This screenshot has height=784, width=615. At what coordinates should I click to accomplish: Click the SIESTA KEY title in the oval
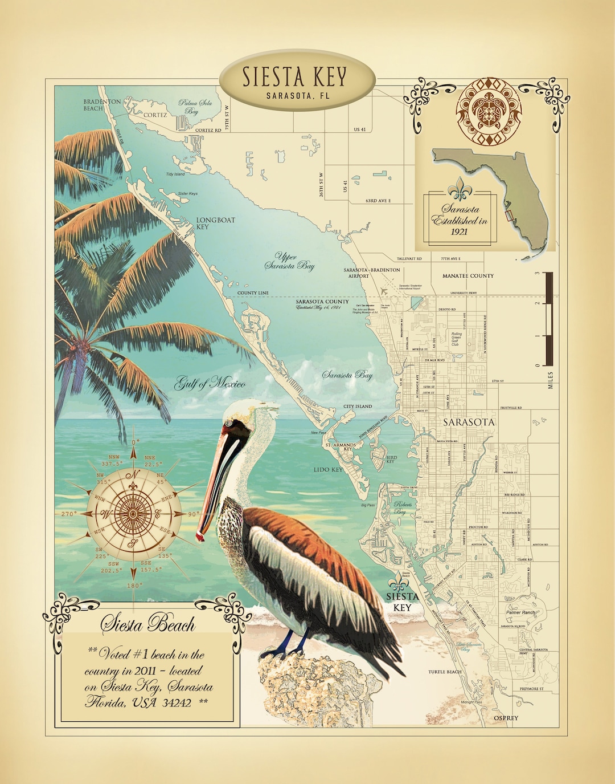[294, 76]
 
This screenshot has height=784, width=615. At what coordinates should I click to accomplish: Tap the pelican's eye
[229, 423]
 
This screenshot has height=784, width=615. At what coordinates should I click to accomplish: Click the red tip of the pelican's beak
[200, 536]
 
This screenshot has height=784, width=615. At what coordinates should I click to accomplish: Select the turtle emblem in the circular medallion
[489, 111]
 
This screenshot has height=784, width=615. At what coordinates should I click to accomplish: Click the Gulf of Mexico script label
[210, 383]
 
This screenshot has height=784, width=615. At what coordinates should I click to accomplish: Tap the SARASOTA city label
[469, 423]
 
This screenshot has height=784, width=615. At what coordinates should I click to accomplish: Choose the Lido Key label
[328, 470]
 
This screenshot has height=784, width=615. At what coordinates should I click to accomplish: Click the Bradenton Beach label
[101, 105]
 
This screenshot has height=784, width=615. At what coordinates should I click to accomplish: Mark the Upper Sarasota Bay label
[289, 261]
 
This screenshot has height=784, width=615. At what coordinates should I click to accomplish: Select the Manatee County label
[468, 276]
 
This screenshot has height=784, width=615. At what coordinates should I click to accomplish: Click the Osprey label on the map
[506, 718]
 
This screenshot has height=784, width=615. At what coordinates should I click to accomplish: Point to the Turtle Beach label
[445, 672]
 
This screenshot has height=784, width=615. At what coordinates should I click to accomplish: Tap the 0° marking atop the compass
[134, 442]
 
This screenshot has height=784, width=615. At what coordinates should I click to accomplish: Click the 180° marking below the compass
[134, 586]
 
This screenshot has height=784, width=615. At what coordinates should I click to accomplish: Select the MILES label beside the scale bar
[551, 380]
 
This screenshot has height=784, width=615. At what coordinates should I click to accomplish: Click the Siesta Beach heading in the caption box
[148, 624]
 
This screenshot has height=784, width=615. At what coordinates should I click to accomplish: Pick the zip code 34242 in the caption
[177, 702]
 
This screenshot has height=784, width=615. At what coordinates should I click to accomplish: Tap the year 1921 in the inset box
[459, 231]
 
